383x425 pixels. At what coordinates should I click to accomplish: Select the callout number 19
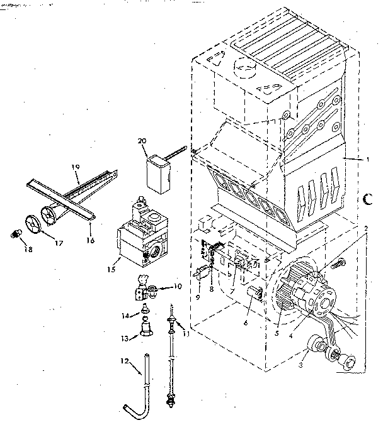point(76,168)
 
